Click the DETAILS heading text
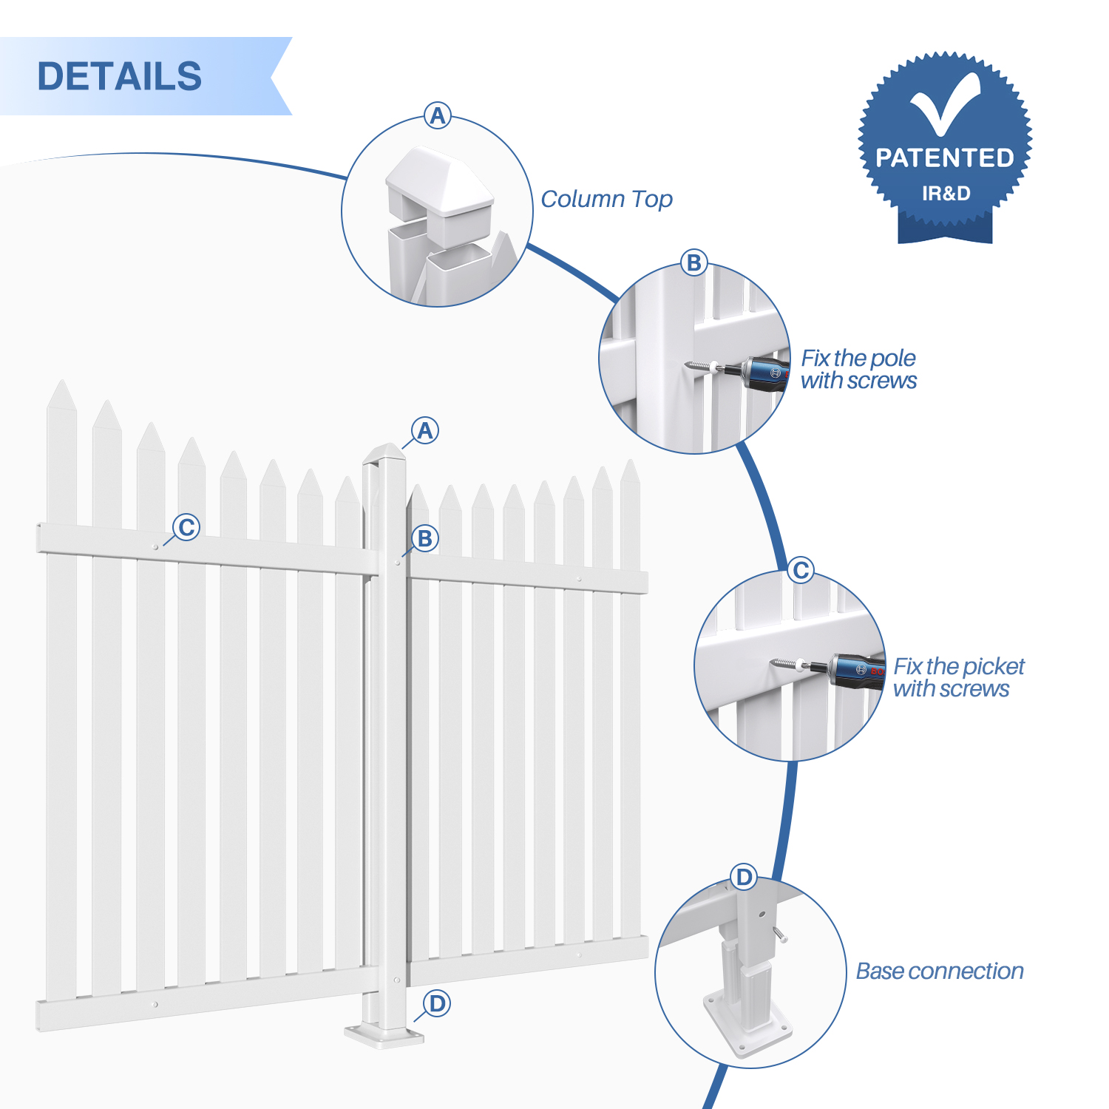tap(119, 76)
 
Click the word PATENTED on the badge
tap(944, 157)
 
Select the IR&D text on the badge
tap(946, 194)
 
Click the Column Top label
tap(606, 199)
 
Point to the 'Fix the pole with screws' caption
tap(858, 369)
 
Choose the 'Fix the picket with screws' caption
tap(958, 677)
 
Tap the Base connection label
tap(939, 971)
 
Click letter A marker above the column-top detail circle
tap(438, 115)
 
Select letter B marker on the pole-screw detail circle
tap(693, 262)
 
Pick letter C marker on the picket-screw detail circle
tap(800, 571)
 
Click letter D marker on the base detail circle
tap(744, 878)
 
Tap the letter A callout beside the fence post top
tap(424, 430)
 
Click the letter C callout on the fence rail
tap(186, 527)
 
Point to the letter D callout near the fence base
tap(437, 1003)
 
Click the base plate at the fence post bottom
tap(384, 1034)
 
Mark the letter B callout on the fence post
tap(424, 538)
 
